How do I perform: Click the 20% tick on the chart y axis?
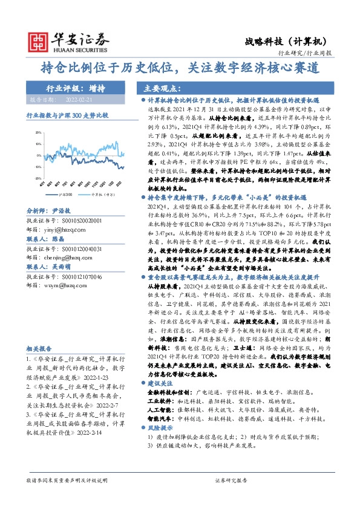pyautogui.click(x=38, y=131)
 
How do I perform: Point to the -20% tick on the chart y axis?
pyautogui.click(x=38, y=178)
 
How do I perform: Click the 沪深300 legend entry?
pyautogui.click(x=64, y=195)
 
